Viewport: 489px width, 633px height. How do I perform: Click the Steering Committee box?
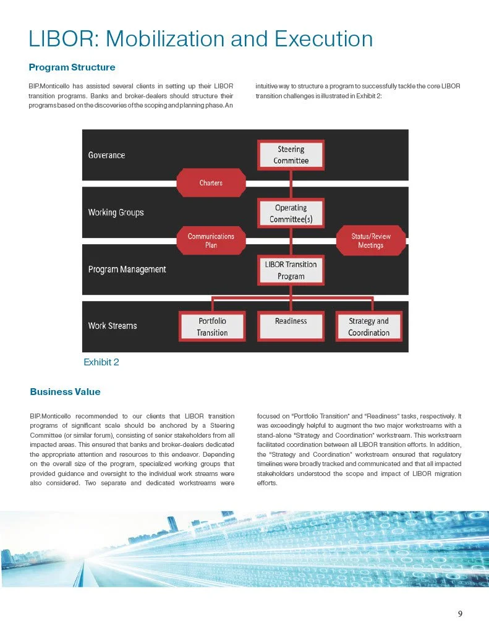pos(291,155)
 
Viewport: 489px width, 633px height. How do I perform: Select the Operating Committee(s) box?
pos(291,214)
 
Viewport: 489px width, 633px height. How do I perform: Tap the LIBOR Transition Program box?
pos(291,270)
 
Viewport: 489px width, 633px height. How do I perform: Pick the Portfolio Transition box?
pos(212,327)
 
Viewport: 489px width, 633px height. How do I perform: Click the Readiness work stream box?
pos(291,326)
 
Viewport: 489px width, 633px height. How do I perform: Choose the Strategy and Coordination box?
pos(368,327)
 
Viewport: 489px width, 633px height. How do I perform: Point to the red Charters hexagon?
pos(211,183)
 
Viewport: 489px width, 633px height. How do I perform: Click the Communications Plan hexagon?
pos(211,240)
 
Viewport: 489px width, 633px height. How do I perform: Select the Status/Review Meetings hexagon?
pos(370,240)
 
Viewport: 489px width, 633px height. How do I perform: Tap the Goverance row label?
pos(106,155)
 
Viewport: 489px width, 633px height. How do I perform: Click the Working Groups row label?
pos(116,213)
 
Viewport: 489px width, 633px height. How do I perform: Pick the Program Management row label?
pos(127,270)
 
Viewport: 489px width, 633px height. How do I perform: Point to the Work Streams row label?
pos(113,326)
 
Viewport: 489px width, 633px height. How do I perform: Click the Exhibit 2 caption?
pos(101,362)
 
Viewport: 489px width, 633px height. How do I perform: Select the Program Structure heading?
pos(72,67)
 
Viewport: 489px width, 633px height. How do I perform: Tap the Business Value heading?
pos(65,392)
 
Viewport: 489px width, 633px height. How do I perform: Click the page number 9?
pos(460,614)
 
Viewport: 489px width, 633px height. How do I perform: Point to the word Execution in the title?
pos(324,39)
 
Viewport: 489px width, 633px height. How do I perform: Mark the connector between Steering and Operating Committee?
pos(291,184)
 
